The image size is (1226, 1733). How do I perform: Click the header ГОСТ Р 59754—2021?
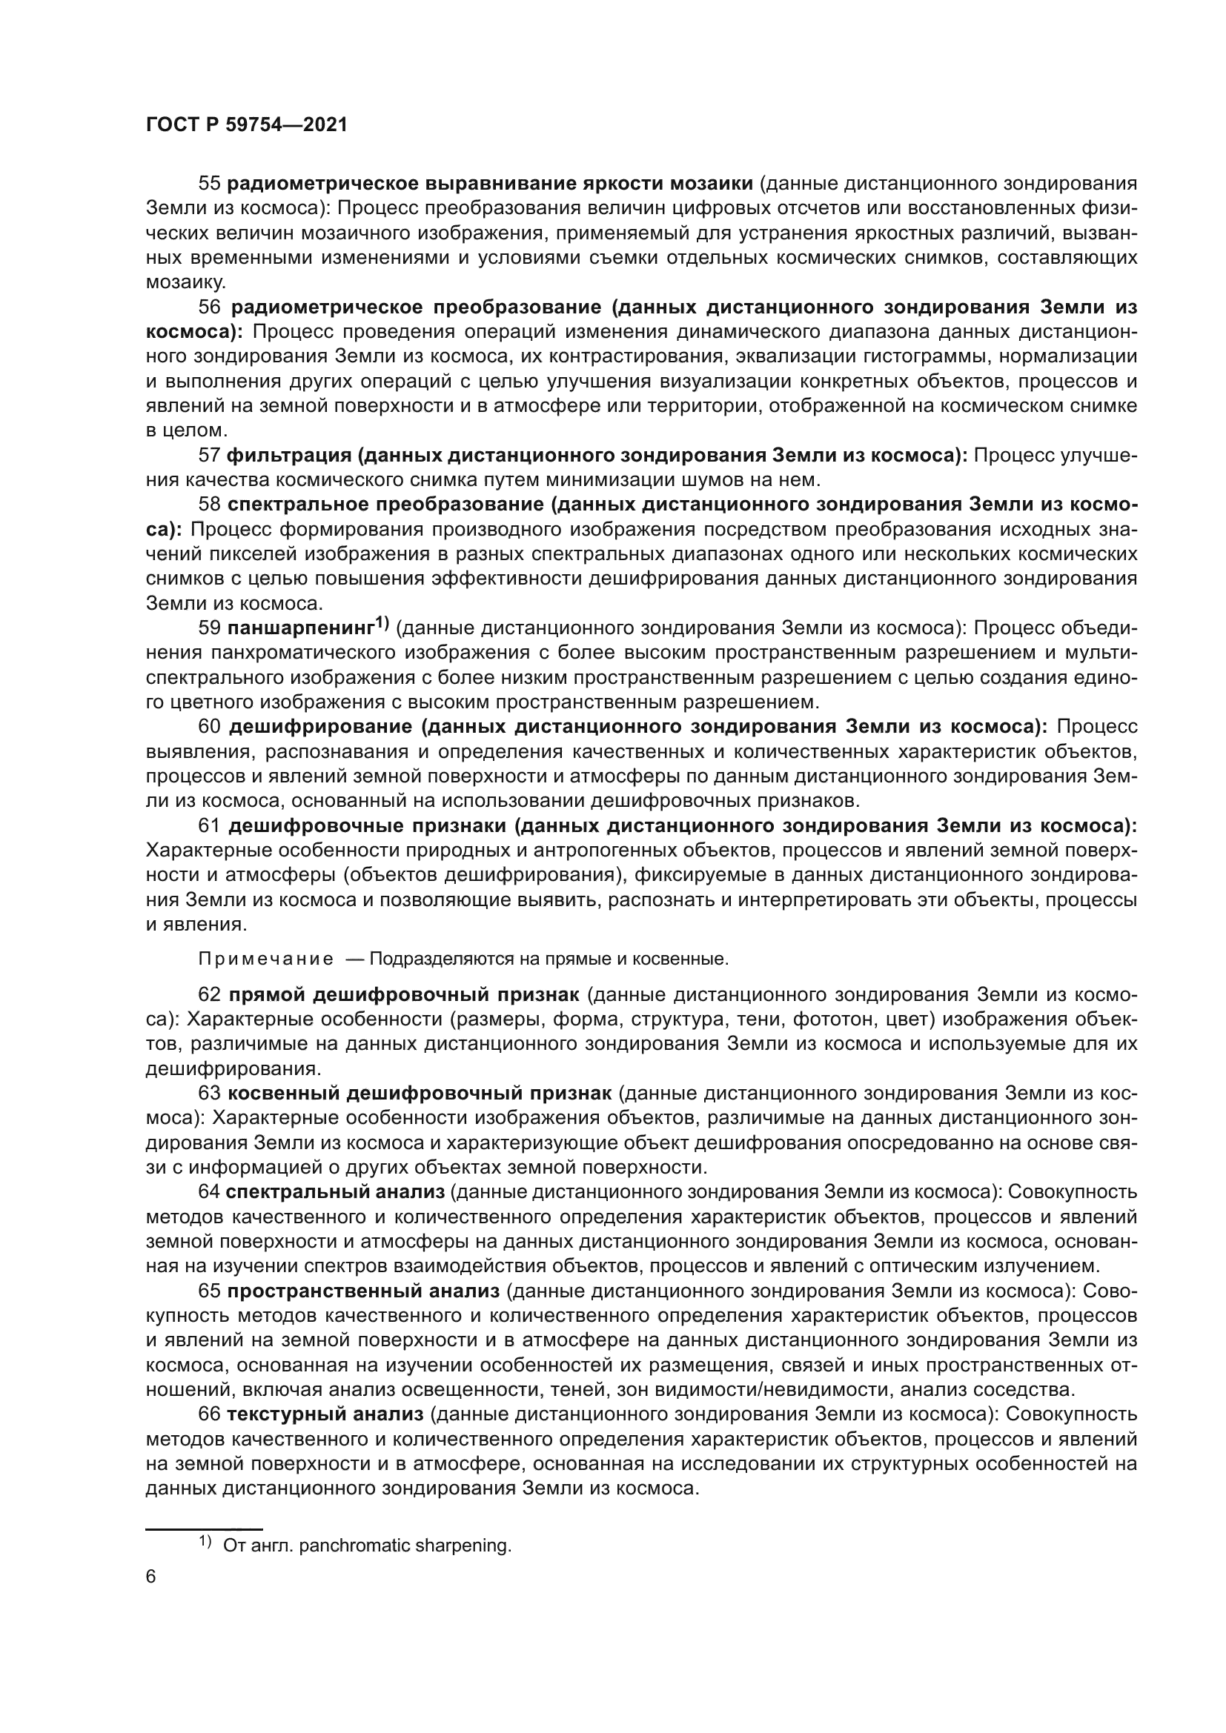[246, 125]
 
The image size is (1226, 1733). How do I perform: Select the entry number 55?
[209, 184]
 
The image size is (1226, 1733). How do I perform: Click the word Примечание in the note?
[266, 959]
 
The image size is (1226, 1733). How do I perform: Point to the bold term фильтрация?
[288, 455]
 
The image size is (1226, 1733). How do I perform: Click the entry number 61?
[209, 827]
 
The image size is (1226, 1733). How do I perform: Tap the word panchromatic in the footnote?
[345, 1546]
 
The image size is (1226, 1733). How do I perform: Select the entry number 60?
[209, 727]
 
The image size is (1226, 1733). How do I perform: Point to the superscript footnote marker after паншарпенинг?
[382, 622]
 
